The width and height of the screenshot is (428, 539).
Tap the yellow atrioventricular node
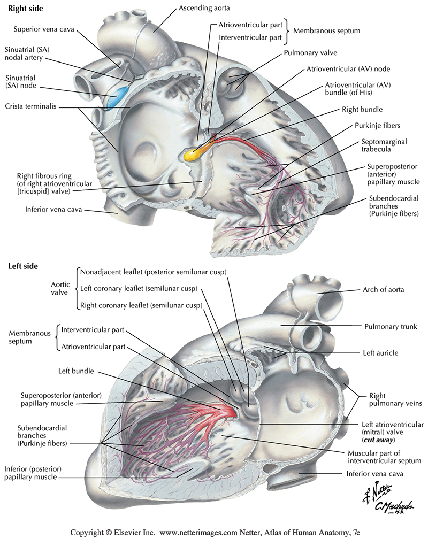[x=194, y=155]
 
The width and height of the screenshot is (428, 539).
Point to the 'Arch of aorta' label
[x=383, y=289]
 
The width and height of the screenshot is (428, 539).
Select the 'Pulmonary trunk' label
[x=390, y=326]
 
